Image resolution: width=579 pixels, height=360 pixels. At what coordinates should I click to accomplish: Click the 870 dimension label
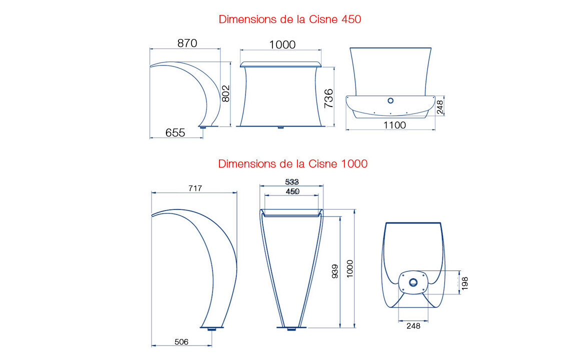coord(187,43)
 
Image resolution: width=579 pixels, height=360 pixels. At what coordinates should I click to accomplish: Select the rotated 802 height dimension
coord(225,93)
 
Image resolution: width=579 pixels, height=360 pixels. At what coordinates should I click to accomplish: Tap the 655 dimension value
coord(175,132)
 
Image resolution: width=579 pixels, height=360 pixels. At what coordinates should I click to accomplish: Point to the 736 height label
coord(328,98)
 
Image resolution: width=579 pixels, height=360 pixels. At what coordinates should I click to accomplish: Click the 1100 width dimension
coord(394,125)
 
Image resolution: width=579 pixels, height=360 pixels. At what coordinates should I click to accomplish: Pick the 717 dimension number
coord(195,188)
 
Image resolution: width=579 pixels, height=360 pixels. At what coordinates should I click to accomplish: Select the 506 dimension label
coord(181,342)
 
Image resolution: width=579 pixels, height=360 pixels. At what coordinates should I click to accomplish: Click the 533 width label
coord(291,181)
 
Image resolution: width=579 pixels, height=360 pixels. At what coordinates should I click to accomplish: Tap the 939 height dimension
coord(335,271)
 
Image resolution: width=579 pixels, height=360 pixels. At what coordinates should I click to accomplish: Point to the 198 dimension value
coord(465,283)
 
